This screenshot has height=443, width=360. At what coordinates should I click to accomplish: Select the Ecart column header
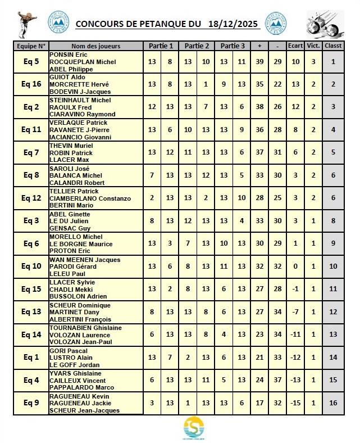[294, 46]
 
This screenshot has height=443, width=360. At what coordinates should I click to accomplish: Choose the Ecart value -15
[294, 403]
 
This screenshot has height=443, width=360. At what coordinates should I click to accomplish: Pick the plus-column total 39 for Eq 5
[259, 61]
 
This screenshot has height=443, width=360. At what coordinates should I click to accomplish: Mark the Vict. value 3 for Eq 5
[313, 61]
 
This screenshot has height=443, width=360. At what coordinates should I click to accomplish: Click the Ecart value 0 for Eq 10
[294, 266]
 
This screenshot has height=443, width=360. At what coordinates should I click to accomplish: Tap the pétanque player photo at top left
[24, 24]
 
